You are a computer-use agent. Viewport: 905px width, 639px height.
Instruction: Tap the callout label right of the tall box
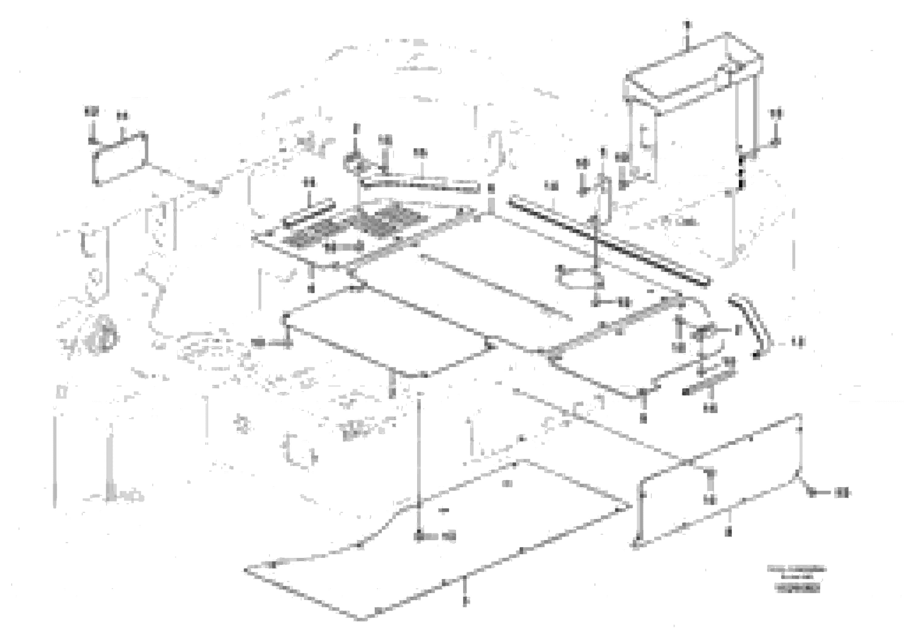pyautogui.click(x=776, y=113)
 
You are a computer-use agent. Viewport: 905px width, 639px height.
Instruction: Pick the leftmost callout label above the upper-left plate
pyautogui.click(x=91, y=112)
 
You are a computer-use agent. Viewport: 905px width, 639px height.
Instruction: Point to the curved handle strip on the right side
pyautogui.click(x=746, y=325)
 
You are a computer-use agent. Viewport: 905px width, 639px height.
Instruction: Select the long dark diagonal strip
pyautogui.click(x=609, y=242)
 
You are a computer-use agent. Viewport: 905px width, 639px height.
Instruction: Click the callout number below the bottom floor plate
pyautogui.click(x=465, y=600)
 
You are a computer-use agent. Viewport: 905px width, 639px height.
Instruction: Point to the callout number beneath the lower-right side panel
pyautogui.click(x=728, y=532)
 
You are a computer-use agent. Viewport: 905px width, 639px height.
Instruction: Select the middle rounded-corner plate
pyautogui.click(x=386, y=335)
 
